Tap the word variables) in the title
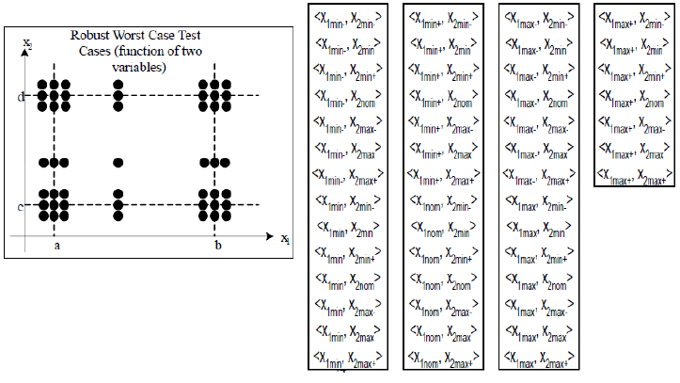click(138, 67)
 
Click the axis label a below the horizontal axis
click(56, 245)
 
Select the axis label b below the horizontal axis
click(218, 245)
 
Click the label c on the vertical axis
click(21, 205)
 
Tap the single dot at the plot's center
click(119, 163)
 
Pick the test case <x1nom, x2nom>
click(442, 280)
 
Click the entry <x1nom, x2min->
click(442, 204)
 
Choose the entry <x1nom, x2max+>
click(442, 358)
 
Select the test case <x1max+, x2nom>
click(632, 94)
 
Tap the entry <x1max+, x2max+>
click(632, 174)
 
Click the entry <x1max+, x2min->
click(632, 17)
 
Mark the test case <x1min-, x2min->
click(348, 17)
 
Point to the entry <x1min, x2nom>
click(348, 280)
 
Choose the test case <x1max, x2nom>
click(536, 280)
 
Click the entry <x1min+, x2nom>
click(442, 94)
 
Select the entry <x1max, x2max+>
click(536, 358)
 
